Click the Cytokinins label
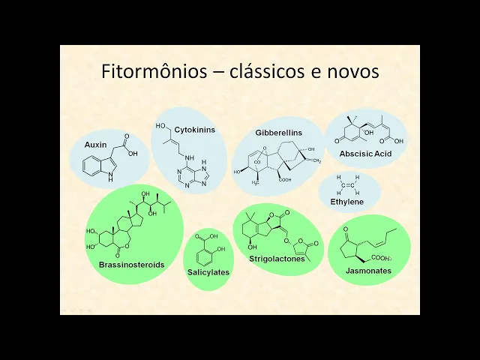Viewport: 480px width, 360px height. tap(194, 130)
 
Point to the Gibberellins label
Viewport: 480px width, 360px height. tap(278, 133)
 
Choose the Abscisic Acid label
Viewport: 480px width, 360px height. tap(365, 154)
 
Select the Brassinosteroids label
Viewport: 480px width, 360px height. tap(131, 264)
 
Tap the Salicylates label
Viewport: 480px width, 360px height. tap(208, 272)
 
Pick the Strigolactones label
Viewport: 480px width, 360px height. tap(278, 259)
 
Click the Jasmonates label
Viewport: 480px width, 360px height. tap(369, 270)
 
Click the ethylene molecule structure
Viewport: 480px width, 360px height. tap(348, 184)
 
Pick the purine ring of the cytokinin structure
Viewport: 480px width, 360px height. tap(194, 173)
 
